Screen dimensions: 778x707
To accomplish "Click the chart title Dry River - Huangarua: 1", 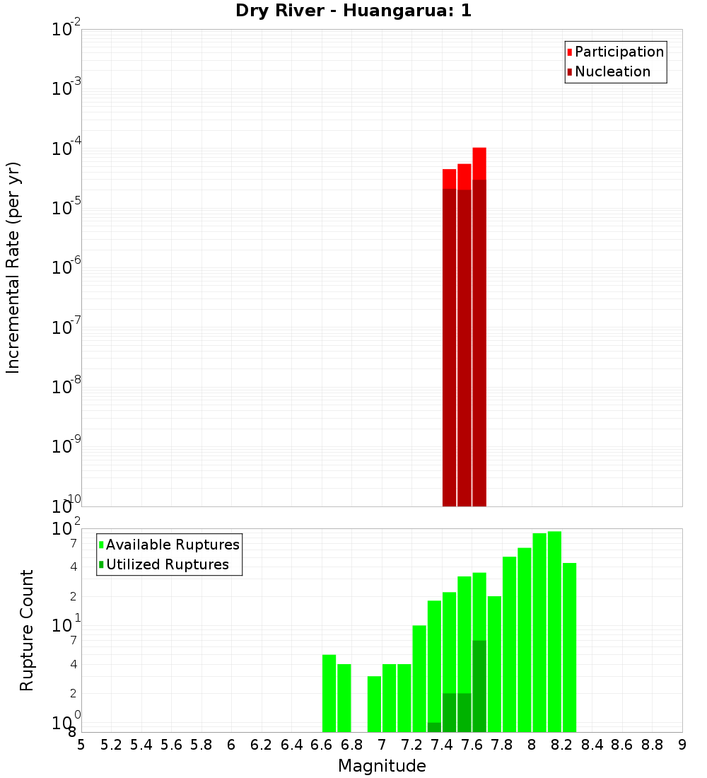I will [x=353, y=11].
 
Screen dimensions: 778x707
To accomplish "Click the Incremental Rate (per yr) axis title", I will [x=13, y=267].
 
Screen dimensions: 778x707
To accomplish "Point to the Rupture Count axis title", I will [x=27, y=630].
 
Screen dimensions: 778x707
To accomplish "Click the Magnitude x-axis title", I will [x=382, y=766].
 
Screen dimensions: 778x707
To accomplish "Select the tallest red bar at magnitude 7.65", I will [x=479, y=325].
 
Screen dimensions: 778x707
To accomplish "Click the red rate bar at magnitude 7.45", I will [x=449, y=339].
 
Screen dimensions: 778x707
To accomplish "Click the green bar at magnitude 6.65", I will [x=329, y=693].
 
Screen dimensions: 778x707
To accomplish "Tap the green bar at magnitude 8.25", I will [x=569, y=647].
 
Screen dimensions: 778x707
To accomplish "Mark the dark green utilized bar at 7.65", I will [x=479, y=686].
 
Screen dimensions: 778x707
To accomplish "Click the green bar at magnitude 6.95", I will [x=374, y=704].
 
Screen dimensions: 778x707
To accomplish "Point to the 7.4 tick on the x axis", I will [x=442, y=745].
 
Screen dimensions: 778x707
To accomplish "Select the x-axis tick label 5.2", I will [x=112, y=745].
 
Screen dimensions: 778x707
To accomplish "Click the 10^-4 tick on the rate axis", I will [x=66, y=149].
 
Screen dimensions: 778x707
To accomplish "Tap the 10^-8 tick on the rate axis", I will [x=66, y=388].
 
